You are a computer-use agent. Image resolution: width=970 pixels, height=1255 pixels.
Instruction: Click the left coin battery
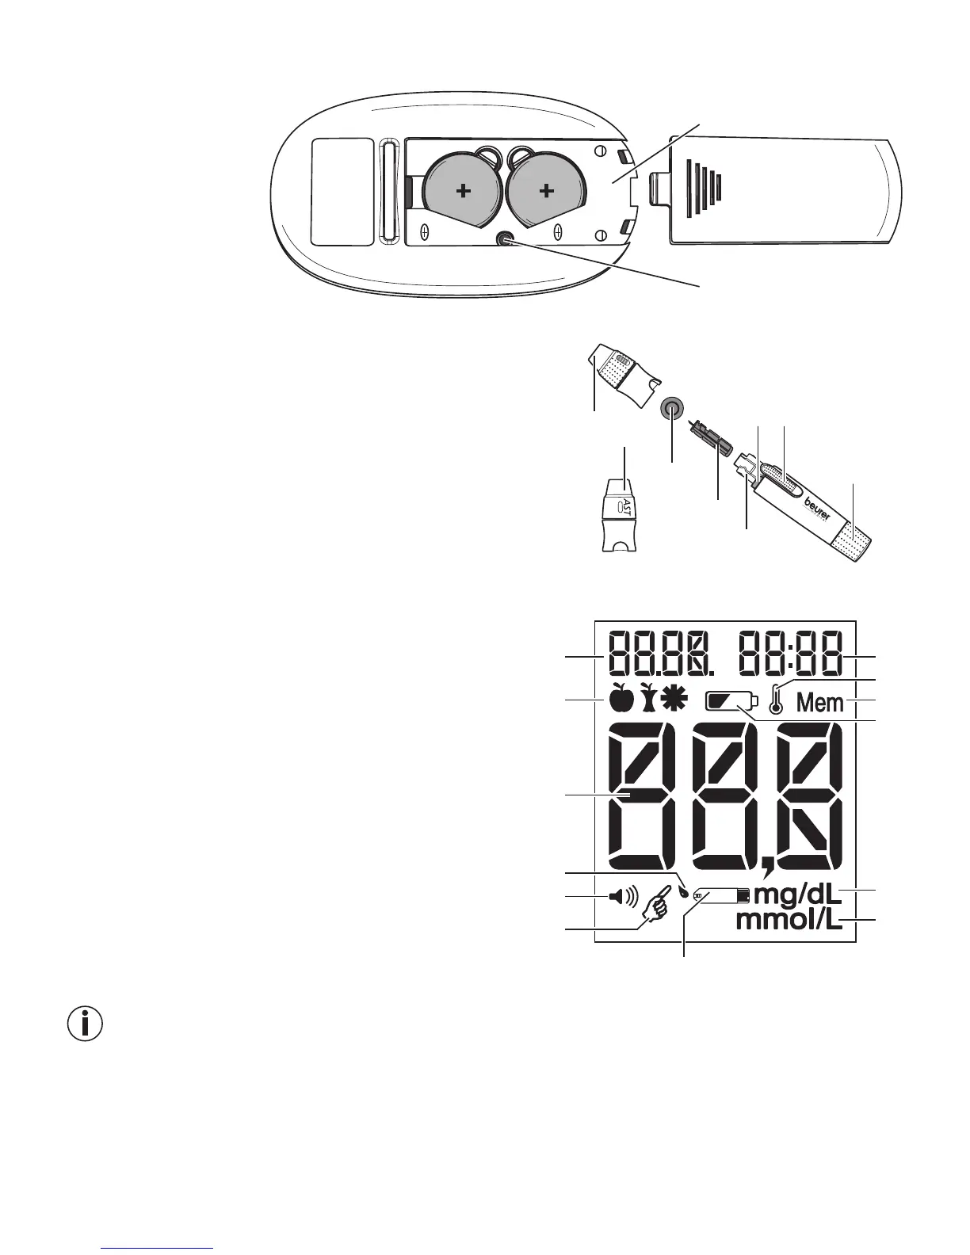461,191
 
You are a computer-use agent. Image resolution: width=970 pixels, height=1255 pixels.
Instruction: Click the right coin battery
545,191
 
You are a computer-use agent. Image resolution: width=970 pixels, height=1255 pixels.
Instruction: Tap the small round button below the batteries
503,239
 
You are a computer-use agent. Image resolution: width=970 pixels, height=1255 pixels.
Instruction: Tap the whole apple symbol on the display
621,698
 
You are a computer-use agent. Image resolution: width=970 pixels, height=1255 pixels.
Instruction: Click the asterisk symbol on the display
676,698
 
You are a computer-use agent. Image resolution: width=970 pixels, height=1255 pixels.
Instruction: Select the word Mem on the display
820,702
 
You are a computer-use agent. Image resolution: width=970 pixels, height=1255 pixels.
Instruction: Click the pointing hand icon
657,904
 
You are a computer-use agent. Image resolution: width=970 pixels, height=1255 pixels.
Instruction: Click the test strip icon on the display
721,895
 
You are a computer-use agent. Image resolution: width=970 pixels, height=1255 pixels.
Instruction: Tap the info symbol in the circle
86,1024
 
